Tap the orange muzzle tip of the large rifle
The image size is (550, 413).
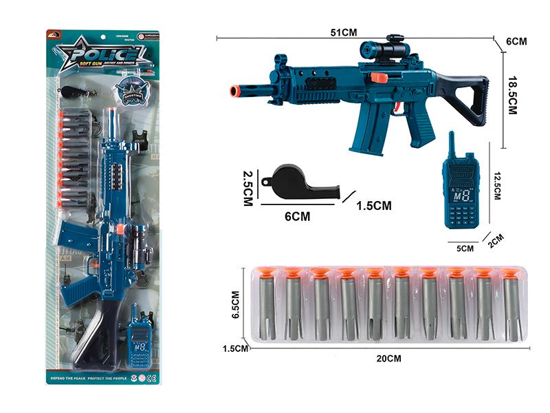(234, 91)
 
